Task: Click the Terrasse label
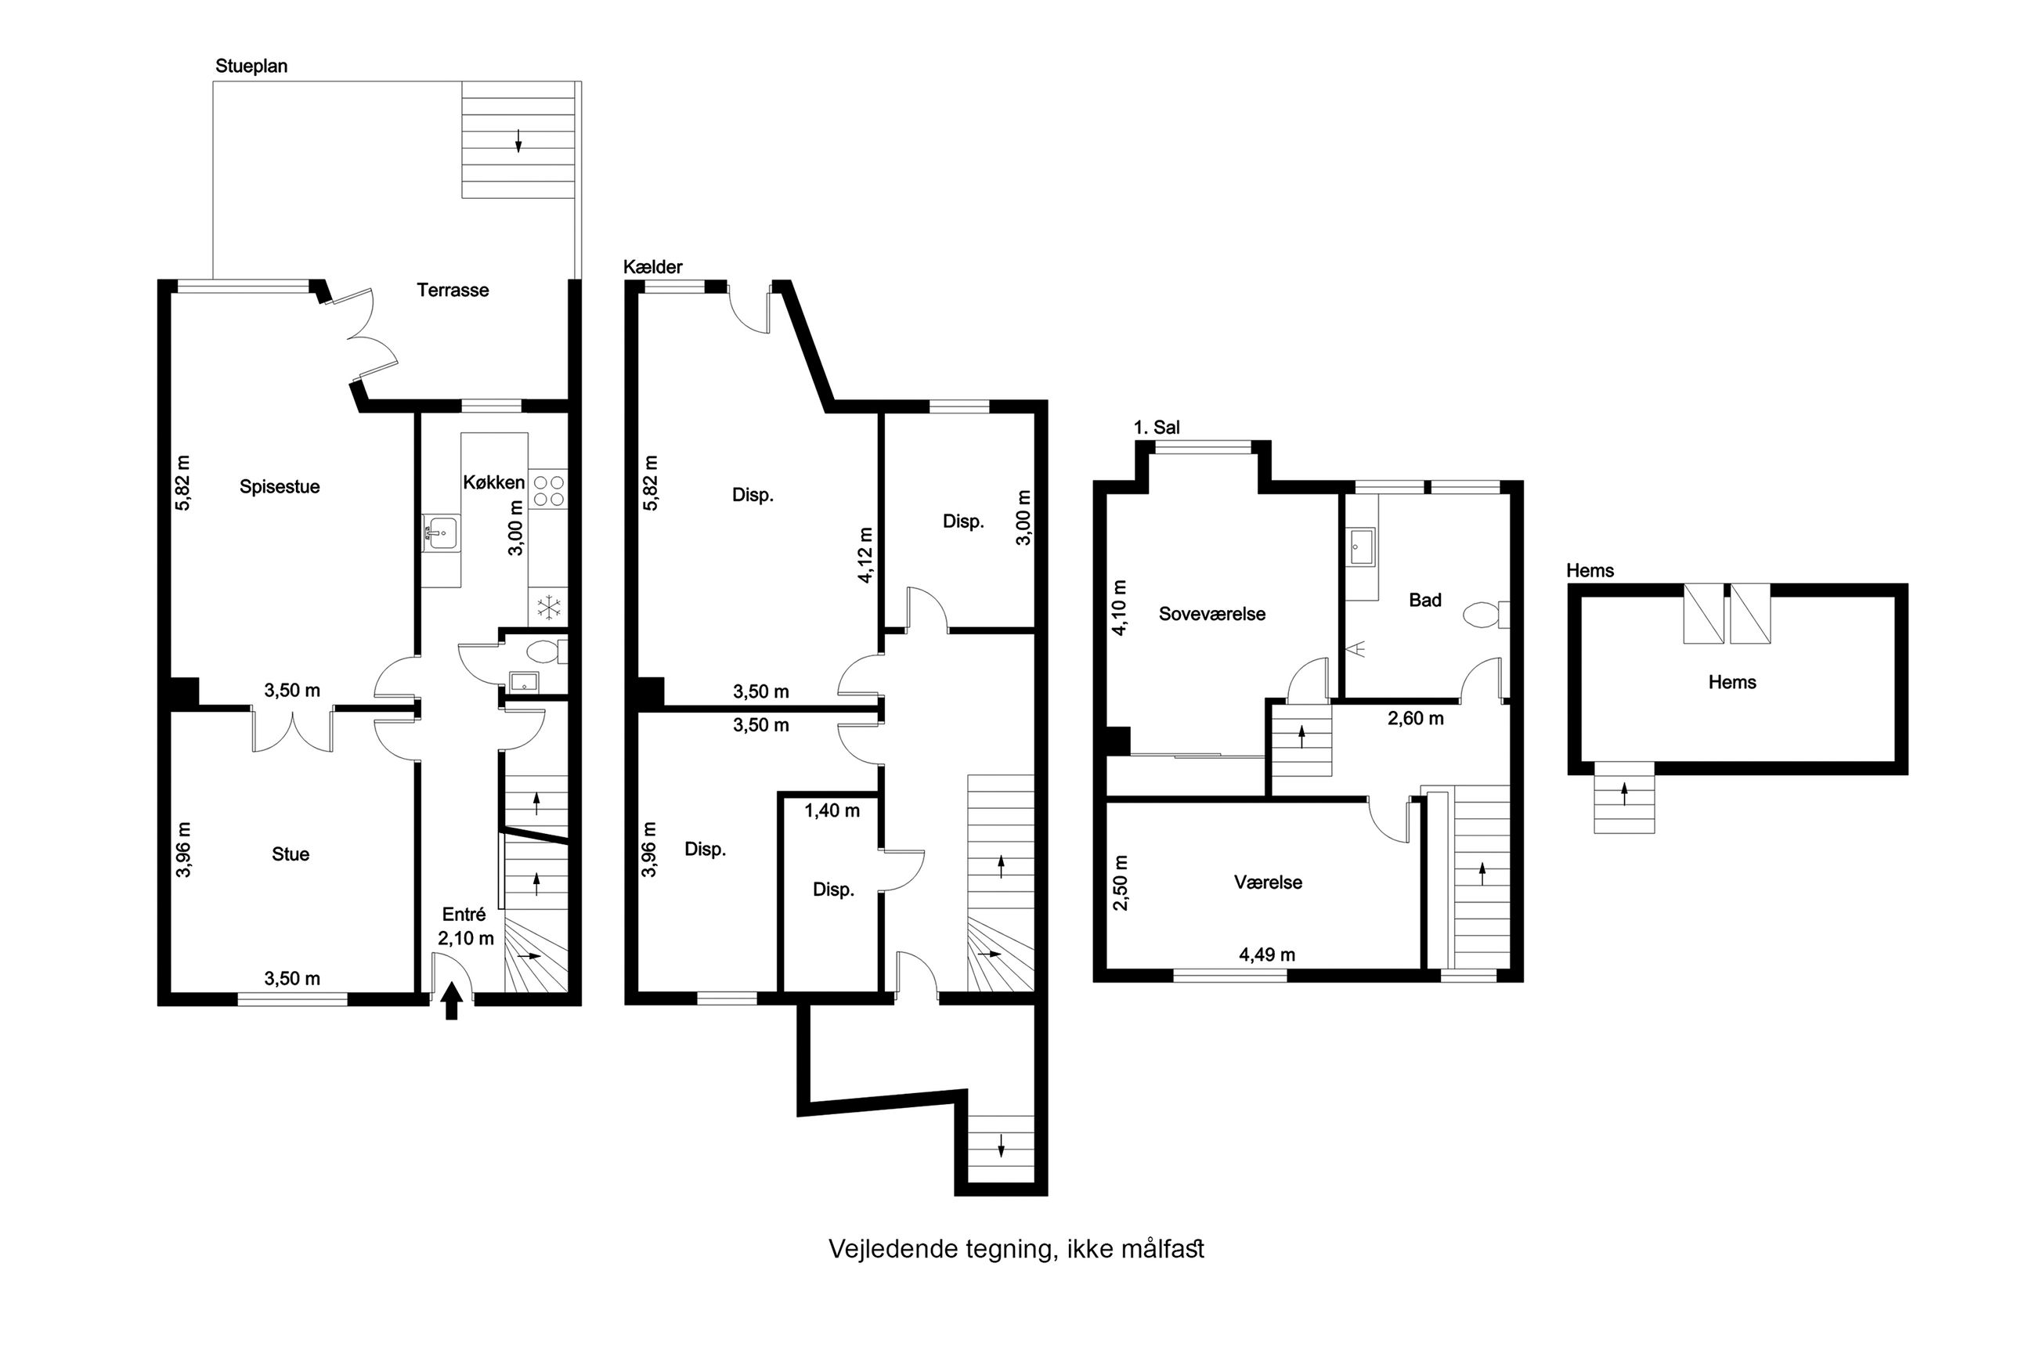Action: click(453, 291)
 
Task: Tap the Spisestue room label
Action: click(280, 487)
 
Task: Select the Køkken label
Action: click(493, 483)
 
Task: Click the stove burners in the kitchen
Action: click(547, 491)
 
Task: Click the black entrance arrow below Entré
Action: click(451, 1002)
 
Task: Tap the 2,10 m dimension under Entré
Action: click(465, 938)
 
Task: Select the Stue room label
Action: click(290, 855)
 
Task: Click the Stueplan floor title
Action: click(251, 67)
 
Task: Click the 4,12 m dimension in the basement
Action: click(865, 554)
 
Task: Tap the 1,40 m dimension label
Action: click(832, 811)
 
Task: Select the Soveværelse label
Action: click(1211, 615)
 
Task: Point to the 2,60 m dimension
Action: click(1416, 718)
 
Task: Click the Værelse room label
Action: click(1268, 882)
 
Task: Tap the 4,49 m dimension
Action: click(1267, 955)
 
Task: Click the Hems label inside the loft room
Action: click(1732, 683)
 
